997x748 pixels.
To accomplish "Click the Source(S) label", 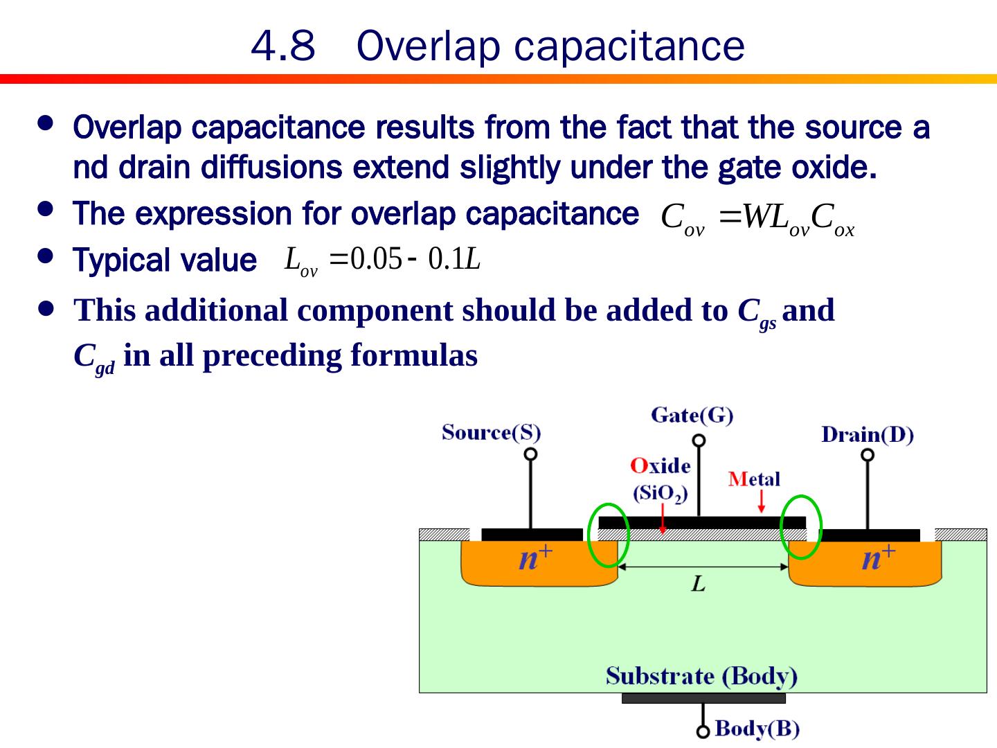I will [x=491, y=433].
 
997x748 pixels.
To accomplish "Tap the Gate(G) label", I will [x=692, y=416].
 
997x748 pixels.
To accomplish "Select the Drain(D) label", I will [x=867, y=435].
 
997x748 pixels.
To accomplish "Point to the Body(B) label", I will [x=757, y=729].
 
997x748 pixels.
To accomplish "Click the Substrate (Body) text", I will [x=701, y=676].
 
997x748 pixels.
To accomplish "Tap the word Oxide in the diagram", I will [x=660, y=465].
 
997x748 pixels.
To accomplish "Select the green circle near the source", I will [x=608, y=535].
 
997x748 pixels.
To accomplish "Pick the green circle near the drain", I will [x=801, y=528].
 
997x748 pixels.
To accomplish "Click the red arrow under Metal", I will [x=762, y=501].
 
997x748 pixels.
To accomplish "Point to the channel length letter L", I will [x=698, y=585].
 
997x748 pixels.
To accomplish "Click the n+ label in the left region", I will [x=535, y=557].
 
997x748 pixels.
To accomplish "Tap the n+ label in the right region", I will [x=878, y=557].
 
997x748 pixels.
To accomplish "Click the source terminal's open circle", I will [x=530, y=454].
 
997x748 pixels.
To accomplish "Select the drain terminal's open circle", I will [x=868, y=455].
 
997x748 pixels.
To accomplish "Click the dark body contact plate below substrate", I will [x=703, y=698].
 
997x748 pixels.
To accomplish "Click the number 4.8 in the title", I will [x=282, y=46].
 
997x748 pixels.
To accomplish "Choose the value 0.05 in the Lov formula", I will [x=376, y=260].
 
